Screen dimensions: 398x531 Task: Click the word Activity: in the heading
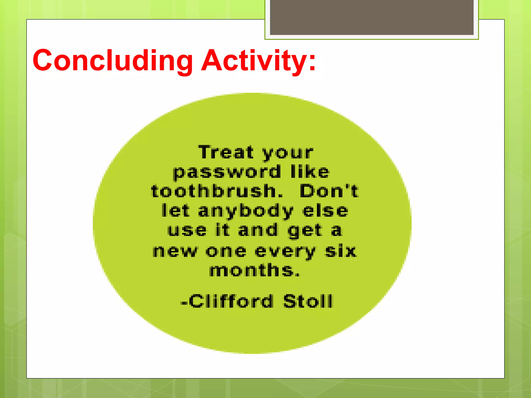pyautogui.click(x=258, y=61)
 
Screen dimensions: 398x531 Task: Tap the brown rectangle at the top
pyautogui.click(x=372, y=17)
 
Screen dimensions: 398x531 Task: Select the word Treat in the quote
pyautogui.click(x=226, y=152)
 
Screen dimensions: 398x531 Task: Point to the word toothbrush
pyautogui.click(x=217, y=191)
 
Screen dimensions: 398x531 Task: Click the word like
pyautogui.click(x=310, y=172)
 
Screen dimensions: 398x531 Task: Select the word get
pyautogui.click(x=305, y=231)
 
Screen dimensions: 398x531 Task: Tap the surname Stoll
pyautogui.click(x=308, y=301)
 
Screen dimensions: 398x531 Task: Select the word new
pyautogui.click(x=175, y=251)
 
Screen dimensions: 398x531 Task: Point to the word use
pyautogui.click(x=187, y=230)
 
